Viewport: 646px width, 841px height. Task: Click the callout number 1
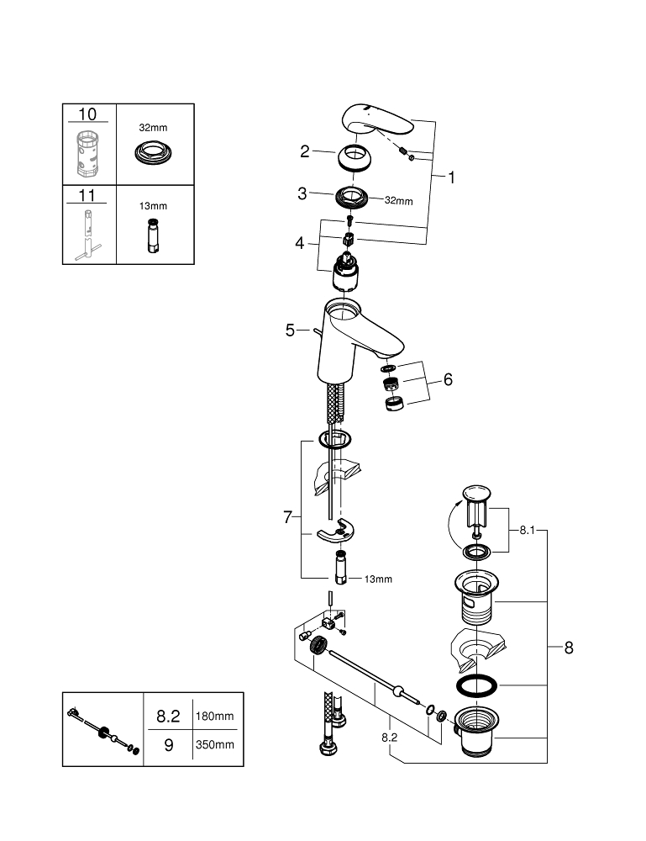(451, 177)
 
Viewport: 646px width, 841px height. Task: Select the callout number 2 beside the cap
(306, 151)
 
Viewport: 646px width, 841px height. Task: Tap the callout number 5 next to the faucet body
(290, 331)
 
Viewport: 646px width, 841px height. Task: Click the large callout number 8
(569, 648)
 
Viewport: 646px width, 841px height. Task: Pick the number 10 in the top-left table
(87, 114)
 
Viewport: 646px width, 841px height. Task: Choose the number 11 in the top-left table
(87, 195)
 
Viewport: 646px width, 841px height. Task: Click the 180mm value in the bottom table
(214, 716)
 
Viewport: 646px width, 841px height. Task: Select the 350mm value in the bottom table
(214, 744)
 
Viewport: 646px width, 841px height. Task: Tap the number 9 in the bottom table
(168, 744)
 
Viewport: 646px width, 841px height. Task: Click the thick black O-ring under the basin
(475, 685)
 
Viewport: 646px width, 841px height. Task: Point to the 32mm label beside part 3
(398, 201)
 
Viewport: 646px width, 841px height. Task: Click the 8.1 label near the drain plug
(526, 531)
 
